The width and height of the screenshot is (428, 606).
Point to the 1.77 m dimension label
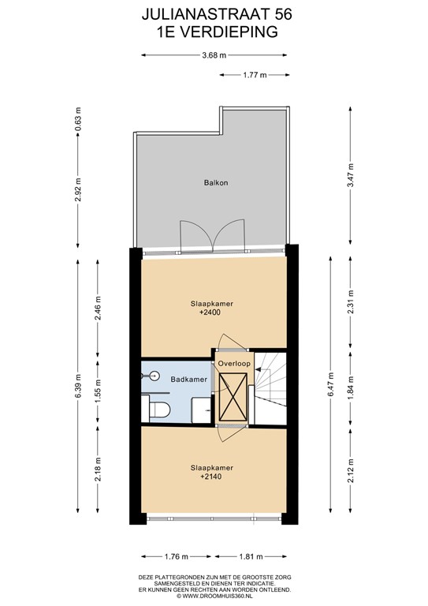253,74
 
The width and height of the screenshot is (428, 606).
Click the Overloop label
235,364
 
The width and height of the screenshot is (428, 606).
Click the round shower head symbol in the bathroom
156,376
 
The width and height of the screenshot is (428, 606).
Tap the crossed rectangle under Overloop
235,395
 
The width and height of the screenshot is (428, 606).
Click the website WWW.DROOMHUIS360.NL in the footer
213,597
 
